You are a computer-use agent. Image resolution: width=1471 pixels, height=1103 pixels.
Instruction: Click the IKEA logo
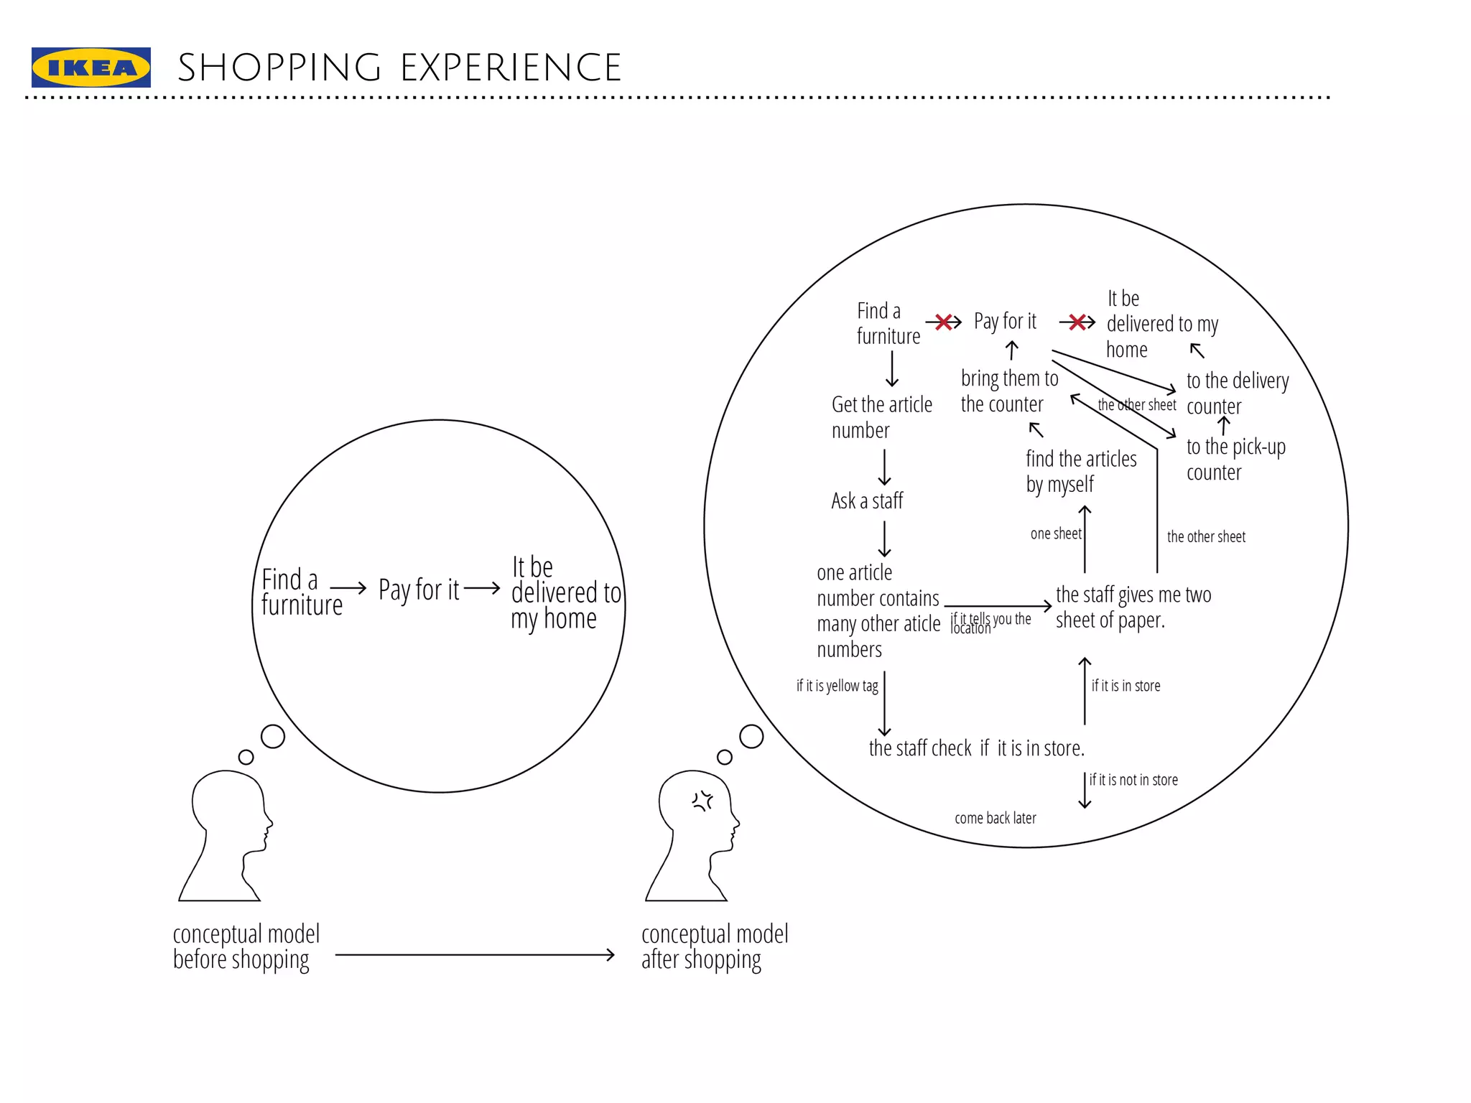point(91,68)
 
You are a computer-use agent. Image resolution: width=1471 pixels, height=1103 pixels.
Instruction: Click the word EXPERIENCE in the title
point(510,68)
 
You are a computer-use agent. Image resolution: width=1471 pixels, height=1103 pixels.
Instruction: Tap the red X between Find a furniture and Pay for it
point(944,322)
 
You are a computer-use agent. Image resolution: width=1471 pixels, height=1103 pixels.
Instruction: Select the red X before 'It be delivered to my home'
point(1077,322)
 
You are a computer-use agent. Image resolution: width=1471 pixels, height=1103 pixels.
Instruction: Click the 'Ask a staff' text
point(866,501)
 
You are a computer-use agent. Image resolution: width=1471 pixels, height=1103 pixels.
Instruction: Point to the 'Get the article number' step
point(881,417)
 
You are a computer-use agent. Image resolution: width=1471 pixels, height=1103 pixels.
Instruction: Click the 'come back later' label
point(995,818)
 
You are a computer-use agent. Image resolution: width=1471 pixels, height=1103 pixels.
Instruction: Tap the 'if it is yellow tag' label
point(837,686)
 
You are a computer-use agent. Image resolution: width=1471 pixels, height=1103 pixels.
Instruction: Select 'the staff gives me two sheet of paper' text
point(1133,607)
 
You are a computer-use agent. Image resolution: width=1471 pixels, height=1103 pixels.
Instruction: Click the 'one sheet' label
point(1055,534)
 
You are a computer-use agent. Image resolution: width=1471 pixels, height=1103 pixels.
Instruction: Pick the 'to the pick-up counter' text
point(1235,459)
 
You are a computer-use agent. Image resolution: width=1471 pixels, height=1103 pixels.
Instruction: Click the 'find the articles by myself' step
point(1080,471)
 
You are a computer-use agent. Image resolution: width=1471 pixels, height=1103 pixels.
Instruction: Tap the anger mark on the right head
point(702,801)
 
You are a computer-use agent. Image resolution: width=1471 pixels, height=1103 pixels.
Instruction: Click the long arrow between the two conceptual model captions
point(474,954)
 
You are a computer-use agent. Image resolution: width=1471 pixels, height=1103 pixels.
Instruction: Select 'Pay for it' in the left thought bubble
point(418,590)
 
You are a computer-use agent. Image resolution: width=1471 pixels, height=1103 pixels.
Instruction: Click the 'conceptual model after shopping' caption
point(714,946)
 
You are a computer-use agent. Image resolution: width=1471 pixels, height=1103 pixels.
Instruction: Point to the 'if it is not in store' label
point(1133,780)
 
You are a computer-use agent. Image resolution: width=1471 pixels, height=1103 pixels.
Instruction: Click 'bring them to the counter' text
point(1008,391)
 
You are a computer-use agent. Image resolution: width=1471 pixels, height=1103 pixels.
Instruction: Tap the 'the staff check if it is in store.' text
point(976,748)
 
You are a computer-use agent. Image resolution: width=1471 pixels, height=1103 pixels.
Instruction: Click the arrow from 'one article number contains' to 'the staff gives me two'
point(998,606)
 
